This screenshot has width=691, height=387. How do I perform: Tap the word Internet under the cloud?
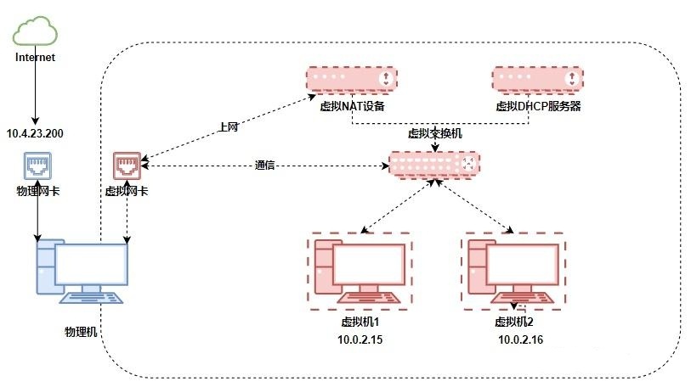point(36,58)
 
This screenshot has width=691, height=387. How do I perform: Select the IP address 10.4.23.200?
point(36,133)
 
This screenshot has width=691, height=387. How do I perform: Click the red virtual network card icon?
point(127,165)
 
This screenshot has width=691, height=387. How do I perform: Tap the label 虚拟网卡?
point(126,192)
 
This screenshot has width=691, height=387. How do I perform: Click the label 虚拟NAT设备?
point(352,106)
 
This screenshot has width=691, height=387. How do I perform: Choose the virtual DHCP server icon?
point(537,79)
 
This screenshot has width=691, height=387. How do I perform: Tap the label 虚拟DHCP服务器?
point(537,106)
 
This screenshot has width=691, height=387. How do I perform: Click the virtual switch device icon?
point(434,165)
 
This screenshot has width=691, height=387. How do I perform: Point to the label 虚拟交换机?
point(435,134)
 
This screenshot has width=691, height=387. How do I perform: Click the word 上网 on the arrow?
point(228,127)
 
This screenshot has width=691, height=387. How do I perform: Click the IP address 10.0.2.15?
point(359,339)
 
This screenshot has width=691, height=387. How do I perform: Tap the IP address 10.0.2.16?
point(520,339)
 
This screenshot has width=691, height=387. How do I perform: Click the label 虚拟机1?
point(359,322)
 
